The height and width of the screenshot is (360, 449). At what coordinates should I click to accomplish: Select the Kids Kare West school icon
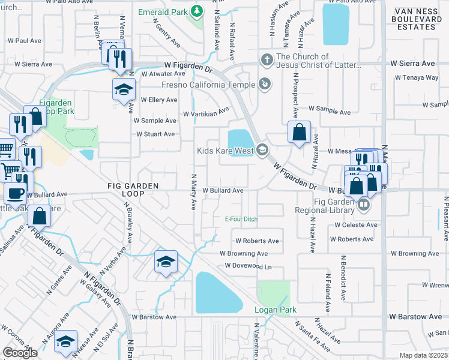261,150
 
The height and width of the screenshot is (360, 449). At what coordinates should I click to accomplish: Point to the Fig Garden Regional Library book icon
363,205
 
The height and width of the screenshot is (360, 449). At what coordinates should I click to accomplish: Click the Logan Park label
276,310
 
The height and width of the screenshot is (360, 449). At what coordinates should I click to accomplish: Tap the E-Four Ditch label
241,219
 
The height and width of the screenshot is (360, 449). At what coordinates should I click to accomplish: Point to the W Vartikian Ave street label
206,112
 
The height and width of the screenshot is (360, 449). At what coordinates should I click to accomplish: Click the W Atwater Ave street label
163,74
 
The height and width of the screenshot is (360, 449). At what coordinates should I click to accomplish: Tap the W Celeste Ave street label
356,225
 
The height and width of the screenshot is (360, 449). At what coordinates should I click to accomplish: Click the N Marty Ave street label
193,192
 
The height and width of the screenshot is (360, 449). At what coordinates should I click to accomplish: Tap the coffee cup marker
15,193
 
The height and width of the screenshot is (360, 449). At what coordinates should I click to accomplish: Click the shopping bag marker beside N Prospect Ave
298,131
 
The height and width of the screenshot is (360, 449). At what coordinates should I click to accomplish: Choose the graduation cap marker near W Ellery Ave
124,89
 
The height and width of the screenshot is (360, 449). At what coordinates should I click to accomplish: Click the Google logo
20,353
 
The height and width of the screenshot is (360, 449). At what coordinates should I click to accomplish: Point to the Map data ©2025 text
424,355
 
